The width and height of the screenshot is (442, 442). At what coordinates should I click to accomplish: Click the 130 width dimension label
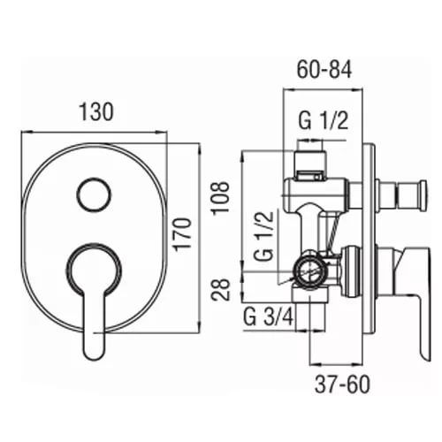point(96,111)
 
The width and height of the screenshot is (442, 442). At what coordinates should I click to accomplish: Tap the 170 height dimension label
point(183,234)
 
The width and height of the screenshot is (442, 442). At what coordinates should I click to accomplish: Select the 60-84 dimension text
point(324,70)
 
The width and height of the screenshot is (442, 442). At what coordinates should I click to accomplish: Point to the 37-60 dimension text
point(342,385)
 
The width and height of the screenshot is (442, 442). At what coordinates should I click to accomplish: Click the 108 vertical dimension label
point(220,197)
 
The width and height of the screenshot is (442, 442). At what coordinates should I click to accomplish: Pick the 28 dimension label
point(221,289)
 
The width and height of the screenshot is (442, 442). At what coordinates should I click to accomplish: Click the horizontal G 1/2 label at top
point(324,120)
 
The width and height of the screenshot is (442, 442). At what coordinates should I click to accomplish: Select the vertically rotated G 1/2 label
point(263,236)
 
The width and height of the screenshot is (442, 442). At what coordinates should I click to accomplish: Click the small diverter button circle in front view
point(94,194)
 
